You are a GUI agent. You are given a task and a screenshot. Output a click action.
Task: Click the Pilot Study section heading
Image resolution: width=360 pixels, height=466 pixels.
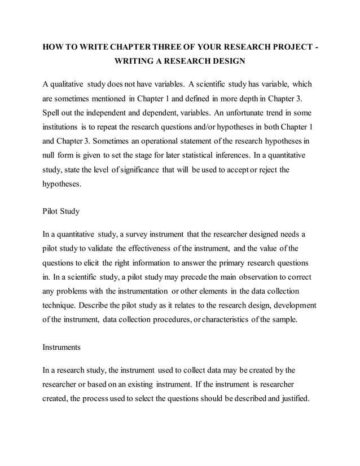pyautogui.click(x=61, y=212)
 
